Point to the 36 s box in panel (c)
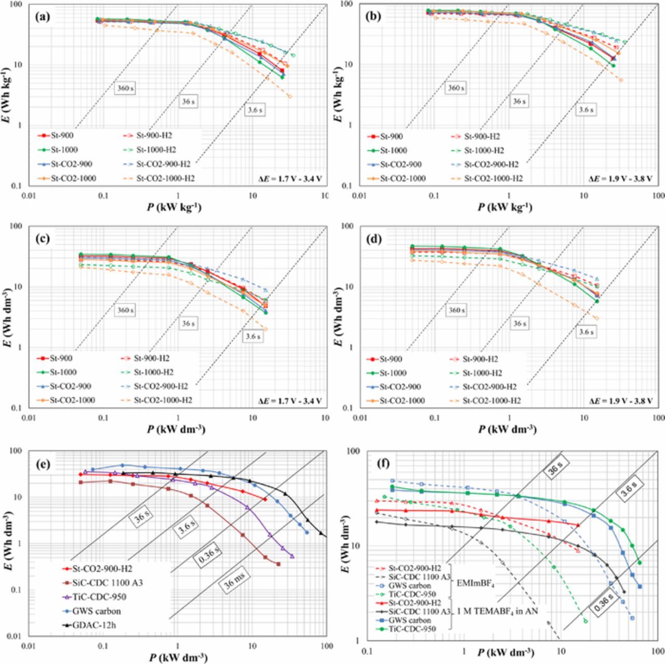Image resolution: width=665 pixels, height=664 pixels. pos(188,324)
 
